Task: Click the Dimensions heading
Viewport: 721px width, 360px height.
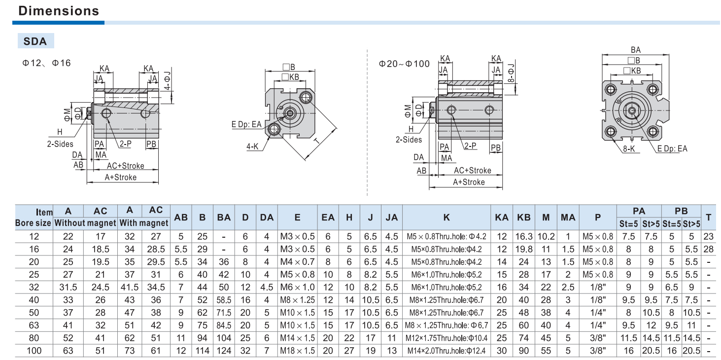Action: tap(59, 11)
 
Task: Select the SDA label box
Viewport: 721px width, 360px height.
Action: tap(35, 41)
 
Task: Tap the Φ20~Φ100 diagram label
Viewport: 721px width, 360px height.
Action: tap(404, 64)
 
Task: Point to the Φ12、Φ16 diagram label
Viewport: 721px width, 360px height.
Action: tap(46, 63)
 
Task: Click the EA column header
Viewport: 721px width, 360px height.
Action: tap(328, 217)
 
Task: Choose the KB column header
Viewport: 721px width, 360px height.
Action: tap(524, 217)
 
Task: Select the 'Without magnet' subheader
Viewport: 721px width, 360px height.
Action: tap(85, 223)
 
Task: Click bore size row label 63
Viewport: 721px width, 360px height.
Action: tap(34, 325)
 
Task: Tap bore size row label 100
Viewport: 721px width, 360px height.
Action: tap(34, 350)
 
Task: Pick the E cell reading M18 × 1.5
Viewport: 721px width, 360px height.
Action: tap(297, 350)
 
